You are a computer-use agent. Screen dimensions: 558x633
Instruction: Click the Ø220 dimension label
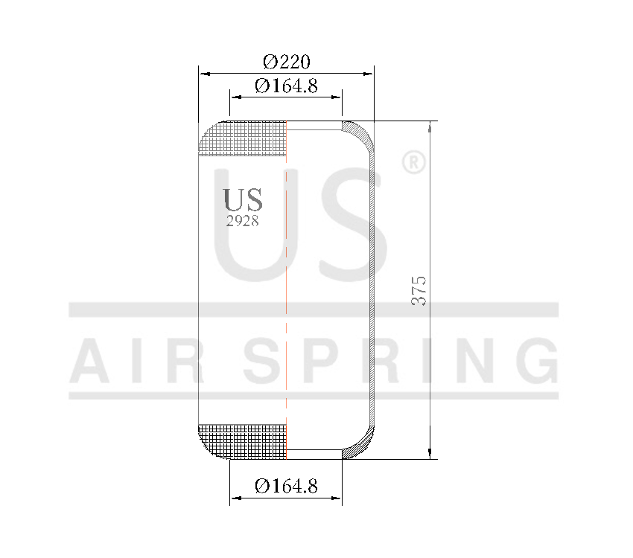coord(287,61)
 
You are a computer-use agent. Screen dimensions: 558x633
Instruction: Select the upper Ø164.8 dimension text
coord(286,86)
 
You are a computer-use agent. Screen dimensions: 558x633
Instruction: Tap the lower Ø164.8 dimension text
coord(286,487)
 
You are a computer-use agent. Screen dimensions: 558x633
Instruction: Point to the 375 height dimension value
coord(420,290)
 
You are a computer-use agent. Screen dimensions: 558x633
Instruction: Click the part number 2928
coord(243,221)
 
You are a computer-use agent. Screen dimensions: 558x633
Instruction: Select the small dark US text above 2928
coord(243,199)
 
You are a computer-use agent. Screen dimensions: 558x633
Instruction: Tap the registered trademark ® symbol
coord(413,163)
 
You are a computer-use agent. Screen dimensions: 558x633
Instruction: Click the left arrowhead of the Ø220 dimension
coord(203,74)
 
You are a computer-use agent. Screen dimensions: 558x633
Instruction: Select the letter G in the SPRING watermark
coord(535,359)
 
